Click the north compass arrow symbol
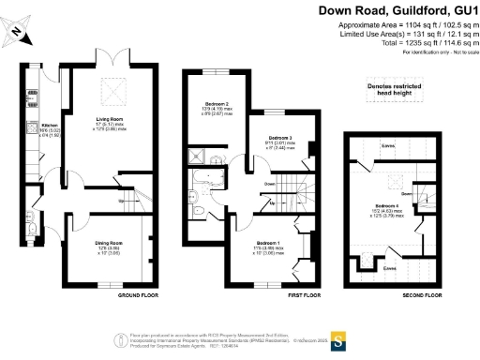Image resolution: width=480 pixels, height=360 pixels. click(x=18, y=34)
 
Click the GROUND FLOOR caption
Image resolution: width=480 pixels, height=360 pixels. click(x=136, y=295)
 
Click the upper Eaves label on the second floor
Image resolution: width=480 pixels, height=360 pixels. click(x=387, y=144)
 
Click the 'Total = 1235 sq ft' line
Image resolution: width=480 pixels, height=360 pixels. click(x=427, y=42)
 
